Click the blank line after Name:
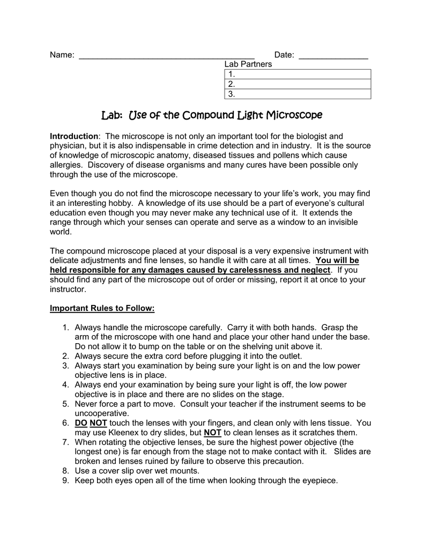click(166, 56)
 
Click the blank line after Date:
click(333, 56)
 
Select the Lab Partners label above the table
click(248, 64)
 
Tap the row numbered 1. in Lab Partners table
click(297, 75)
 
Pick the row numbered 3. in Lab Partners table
click(297, 94)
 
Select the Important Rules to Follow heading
click(102, 308)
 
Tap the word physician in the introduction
click(67, 146)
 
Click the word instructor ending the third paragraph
click(68, 289)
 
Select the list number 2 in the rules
click(65, 356)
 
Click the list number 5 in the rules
click(65, 404)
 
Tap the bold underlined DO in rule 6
click(80, 424)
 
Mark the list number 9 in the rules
click(65, 481)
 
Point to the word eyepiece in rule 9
click(320, 481)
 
